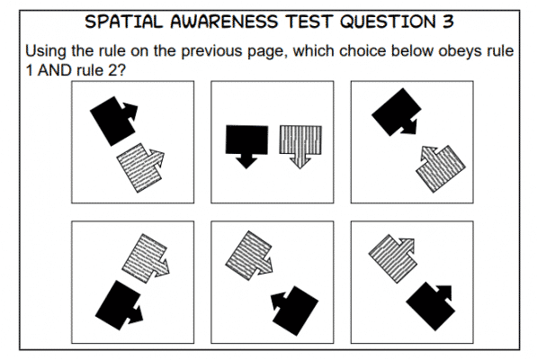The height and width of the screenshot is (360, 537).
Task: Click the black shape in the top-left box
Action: pyautogui.click(x=112, y=119)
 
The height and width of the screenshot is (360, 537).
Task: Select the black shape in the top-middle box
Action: pyautogui.click(x=246, y=142)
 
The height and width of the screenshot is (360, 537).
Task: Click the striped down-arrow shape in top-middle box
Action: pyautogui.click(x=301, y=142)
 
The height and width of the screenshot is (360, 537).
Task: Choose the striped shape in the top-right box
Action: pyautogui.click(x=441, y=166)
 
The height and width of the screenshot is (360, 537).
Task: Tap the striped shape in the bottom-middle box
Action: pyautogui.click(x=247, y=253)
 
